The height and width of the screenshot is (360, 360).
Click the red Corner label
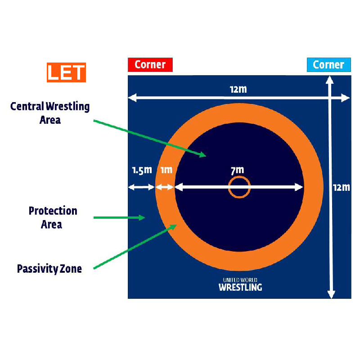150,65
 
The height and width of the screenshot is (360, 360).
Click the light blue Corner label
328,65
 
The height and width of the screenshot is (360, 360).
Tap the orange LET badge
66,73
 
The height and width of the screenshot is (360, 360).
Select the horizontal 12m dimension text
238,89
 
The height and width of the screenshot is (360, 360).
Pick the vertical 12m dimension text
342,187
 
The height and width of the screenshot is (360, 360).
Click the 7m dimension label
237,170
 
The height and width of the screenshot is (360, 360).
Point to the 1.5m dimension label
142,171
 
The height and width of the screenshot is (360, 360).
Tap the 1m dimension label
166,171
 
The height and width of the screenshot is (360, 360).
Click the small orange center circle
239,187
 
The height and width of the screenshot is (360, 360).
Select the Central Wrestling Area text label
50,113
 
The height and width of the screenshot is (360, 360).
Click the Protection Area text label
53,217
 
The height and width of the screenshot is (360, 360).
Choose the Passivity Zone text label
49,269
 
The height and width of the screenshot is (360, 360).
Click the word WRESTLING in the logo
240,287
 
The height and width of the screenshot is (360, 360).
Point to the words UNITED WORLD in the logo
240,280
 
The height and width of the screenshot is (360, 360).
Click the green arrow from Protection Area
119,217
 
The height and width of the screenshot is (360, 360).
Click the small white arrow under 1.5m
141,187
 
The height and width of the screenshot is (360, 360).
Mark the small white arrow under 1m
165,187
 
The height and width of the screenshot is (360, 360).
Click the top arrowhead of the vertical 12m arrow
330,80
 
